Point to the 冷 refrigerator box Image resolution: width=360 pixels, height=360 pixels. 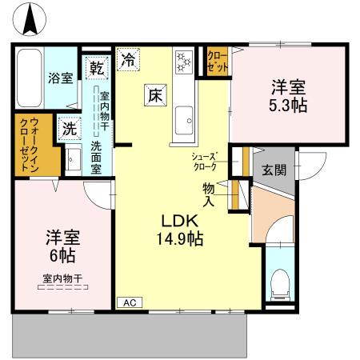pos(128,58)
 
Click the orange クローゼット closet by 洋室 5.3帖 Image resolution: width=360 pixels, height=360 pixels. pos(218,62)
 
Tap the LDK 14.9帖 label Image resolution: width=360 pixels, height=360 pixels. pos(182,229)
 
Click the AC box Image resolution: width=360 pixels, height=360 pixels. pos(129,302)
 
